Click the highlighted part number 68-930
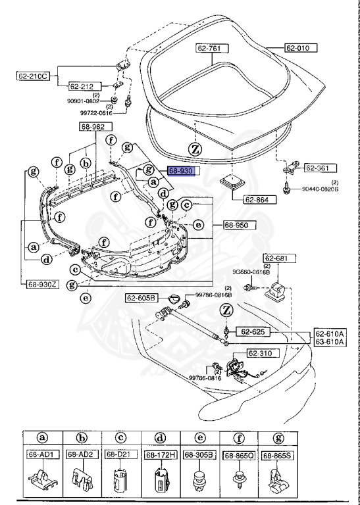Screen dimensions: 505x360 180,170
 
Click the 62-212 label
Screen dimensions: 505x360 83,85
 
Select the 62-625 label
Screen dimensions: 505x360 251,331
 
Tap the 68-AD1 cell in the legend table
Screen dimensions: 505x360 41,454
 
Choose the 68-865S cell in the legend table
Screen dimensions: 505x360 276,454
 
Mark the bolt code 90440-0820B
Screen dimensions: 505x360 320,189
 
